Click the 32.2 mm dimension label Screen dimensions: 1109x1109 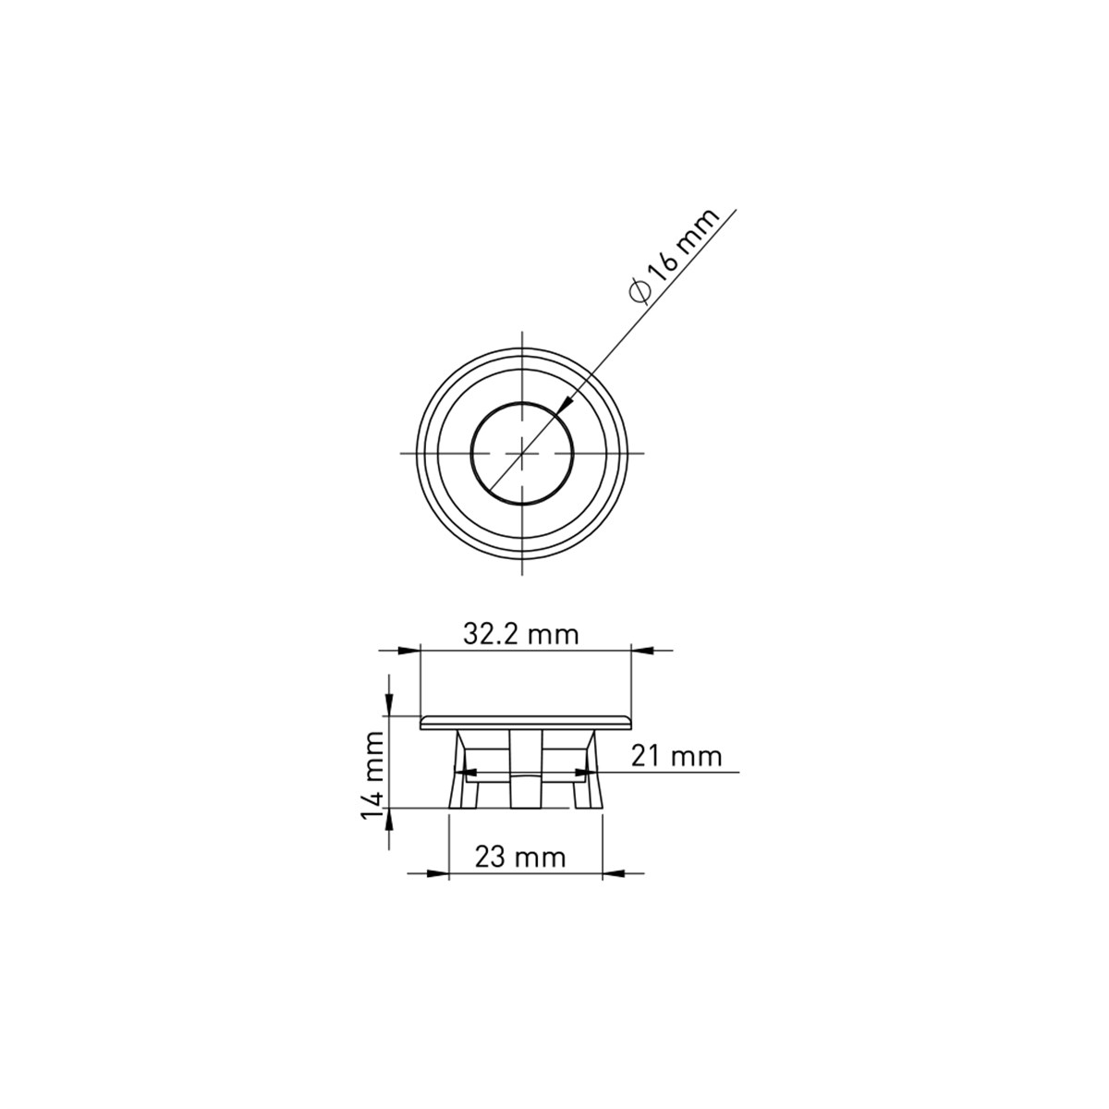(x=520, y=635)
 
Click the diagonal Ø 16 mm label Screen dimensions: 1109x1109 (x=675, y=255)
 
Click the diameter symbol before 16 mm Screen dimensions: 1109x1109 (x=640, y=292)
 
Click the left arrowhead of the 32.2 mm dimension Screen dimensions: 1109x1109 (x=409, y=651)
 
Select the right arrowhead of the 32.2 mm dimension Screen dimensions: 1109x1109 (x=643, y=651)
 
